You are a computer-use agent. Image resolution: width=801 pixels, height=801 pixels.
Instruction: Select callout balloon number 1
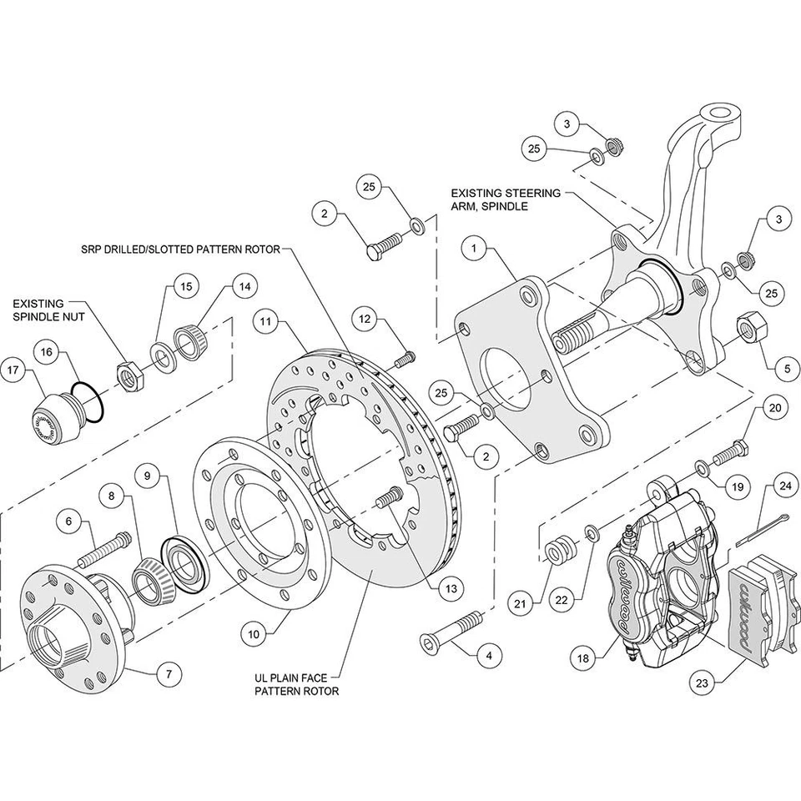[473, 248]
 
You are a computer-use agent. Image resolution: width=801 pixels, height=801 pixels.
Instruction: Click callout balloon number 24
[783, 484]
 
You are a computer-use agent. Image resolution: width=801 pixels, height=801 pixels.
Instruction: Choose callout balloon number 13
[451, 588]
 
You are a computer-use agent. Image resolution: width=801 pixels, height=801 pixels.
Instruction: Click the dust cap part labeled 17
[54, 414]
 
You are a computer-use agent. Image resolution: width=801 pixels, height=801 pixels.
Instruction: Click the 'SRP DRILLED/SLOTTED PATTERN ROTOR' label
[180, 249]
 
